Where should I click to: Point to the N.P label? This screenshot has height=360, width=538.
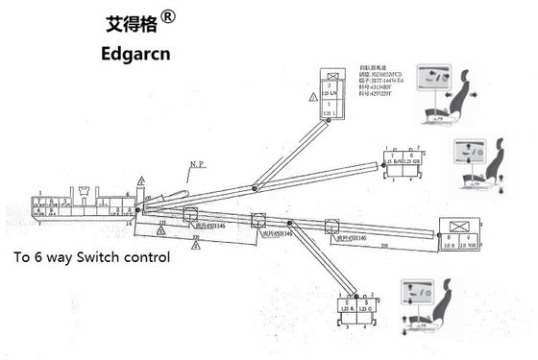point(197,164)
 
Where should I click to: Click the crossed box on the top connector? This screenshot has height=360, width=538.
point(332,75)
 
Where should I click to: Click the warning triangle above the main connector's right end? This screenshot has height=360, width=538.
point(141,180)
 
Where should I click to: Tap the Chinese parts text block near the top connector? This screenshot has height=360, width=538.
point(379,83)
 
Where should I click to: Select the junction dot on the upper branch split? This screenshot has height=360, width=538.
point(254,188)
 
